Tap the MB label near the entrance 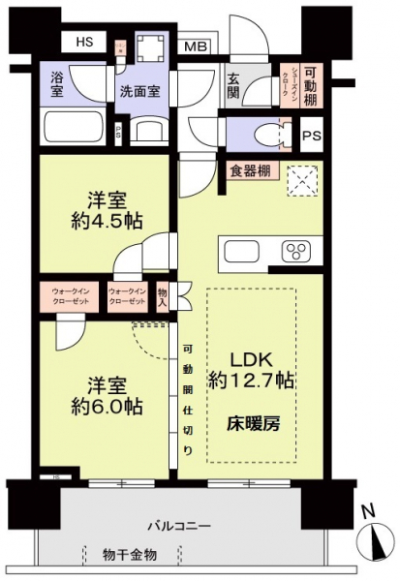(195, 46)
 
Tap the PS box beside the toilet (311, 137)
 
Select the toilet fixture (274, 131)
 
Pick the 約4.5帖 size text (108, 221)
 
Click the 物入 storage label (162, 294)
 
